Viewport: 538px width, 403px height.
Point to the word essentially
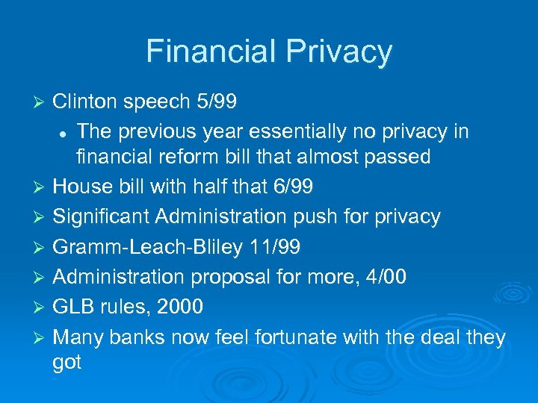(295, 131)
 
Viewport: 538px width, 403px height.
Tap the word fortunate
(296, 337)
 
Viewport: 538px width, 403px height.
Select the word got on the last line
(67, 363)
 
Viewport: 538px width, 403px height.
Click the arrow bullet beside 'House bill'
(42, 187)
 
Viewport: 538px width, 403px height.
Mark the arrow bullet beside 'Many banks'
(42, 338)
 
